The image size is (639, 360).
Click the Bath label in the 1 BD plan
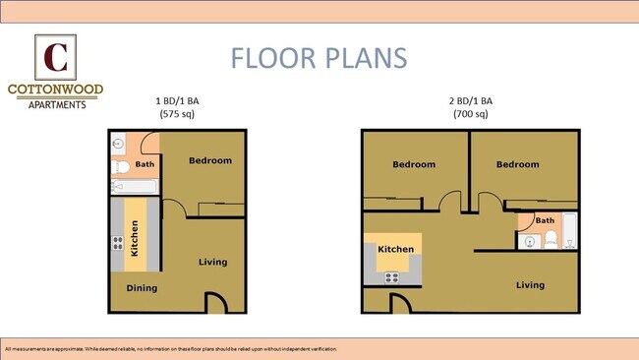[145, 165]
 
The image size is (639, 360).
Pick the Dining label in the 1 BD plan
[142, 288]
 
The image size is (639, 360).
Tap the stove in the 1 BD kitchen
[117, 243]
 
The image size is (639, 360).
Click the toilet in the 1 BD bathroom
[119, 164]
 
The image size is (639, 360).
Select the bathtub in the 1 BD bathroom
[133, 187]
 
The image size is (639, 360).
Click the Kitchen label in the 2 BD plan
[396, 250]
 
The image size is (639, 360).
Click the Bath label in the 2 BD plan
[544, 220]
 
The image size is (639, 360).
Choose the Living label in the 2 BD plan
[530, 285]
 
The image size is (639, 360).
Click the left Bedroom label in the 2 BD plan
[414, 164]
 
